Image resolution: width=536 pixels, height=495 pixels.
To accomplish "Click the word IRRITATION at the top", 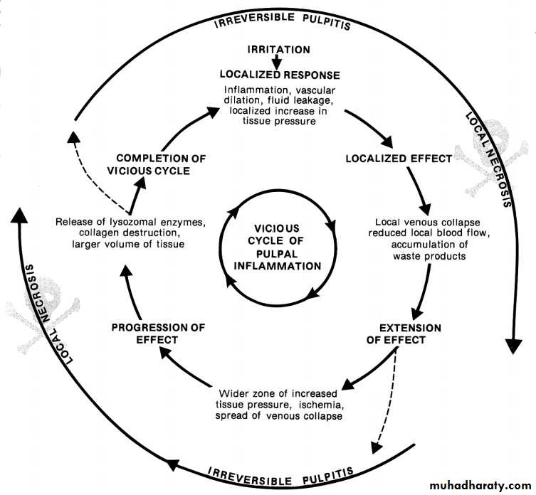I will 278,50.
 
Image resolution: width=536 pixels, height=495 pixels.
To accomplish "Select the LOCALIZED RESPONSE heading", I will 279,74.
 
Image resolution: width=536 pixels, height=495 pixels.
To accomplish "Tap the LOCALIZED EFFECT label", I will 399,158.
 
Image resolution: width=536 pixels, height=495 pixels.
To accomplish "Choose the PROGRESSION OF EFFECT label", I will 158,334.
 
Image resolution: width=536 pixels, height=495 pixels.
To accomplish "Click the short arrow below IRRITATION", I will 279,62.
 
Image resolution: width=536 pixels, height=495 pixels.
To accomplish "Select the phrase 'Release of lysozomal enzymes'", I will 130,223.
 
